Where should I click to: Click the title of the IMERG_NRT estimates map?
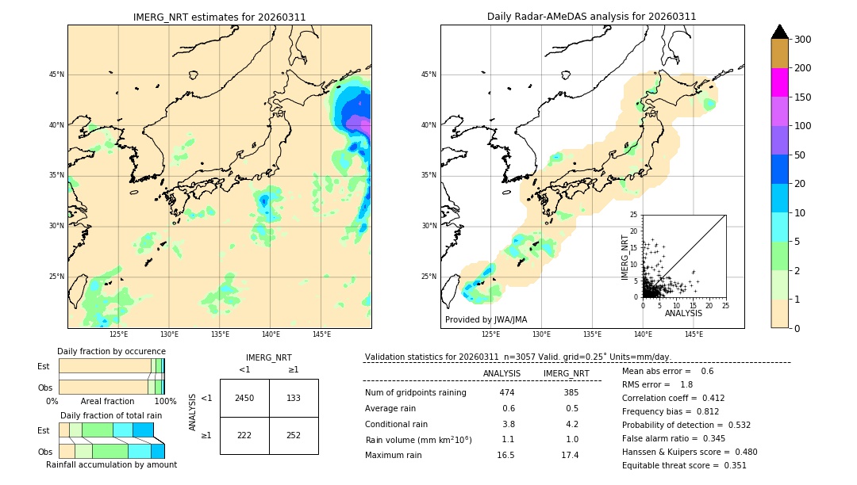(219, 17)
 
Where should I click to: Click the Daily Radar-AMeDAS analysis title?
(592, 17)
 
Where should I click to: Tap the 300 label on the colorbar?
(802, 40)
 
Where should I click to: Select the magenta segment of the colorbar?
(780, 82)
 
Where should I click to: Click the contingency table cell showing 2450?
(244, 398)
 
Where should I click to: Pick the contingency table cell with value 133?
(294, 398)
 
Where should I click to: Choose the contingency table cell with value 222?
(244, 435)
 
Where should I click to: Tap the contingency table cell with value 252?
(294, 435)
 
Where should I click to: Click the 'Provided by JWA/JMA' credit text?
(486, 320)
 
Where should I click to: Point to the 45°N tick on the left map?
(56, 74)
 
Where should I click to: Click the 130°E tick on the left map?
(169, 334)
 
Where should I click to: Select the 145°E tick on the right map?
(694, 334)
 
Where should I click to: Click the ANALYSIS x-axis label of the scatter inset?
(683, 313)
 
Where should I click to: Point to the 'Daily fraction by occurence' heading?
(111, 351)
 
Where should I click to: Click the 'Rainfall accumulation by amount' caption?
(111, 464)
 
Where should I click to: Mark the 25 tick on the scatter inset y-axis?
(634, 215)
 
